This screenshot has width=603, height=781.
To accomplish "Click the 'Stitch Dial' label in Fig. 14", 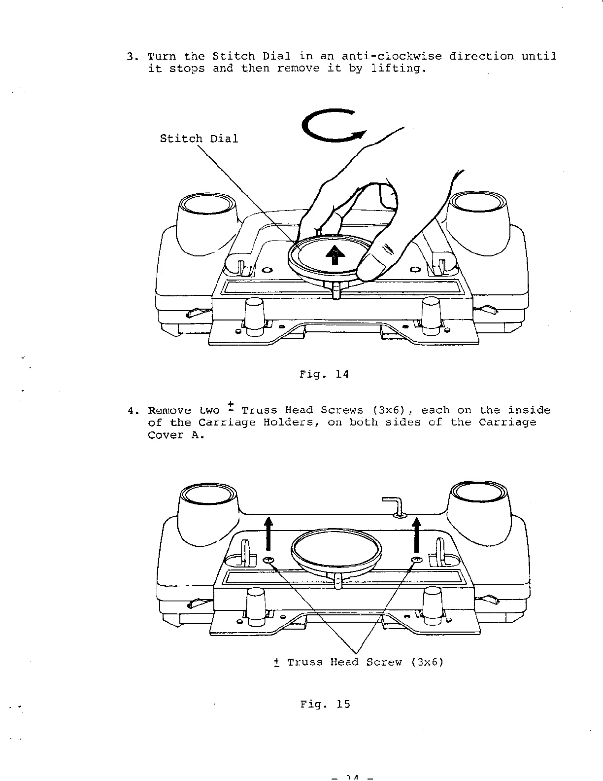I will [x=199, y=139].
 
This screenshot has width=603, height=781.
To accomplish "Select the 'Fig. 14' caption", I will [x=324, y=374].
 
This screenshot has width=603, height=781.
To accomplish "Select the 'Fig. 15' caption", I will [x=325, y=704].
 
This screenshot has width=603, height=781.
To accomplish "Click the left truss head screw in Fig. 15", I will [x=269, y=560].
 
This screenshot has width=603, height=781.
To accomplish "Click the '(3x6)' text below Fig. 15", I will [x=427, y=662].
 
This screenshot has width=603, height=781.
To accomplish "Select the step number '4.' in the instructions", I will [x=132, y=411].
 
